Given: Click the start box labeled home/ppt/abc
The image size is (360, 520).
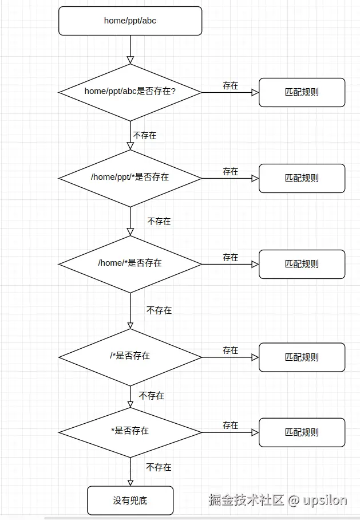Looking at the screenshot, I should tap(130, 21).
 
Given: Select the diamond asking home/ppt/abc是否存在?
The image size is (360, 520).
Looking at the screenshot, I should tap(130, 92).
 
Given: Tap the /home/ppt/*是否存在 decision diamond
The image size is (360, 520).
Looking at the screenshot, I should tap(130, 178).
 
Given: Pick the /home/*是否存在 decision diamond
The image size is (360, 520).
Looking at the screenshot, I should tap(130, 263).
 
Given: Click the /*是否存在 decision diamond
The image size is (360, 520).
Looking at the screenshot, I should tap(130, 356).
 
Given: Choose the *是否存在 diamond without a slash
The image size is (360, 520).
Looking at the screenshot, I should tap(130, 431).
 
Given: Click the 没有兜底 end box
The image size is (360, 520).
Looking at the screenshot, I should tap(130, 501).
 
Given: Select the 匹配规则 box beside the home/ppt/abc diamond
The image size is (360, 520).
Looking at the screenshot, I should tap(302, 92).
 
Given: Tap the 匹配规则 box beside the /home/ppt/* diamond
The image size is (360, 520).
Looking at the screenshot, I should tap(302, 178).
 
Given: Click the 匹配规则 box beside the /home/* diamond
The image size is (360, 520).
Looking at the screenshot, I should tap(302, 264).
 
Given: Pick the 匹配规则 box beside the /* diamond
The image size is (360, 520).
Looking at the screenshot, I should tap(302, 357).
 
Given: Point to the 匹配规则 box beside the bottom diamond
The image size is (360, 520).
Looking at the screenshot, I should tap(302, 432).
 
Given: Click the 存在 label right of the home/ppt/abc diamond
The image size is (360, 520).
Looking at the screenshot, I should tap(230, 86).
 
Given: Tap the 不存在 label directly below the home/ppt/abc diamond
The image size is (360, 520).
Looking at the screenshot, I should tap(145, 136).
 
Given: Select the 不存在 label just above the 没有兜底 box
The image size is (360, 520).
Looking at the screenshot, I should tap(159, 467).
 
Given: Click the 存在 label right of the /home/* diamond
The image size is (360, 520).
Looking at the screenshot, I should tap(230, 258).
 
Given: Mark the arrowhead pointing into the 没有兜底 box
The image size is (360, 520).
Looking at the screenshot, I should tap(130, 482).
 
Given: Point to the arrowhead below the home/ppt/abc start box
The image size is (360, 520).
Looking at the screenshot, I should tap(130, 60).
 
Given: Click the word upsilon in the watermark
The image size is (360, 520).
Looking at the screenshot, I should tap(325, 500).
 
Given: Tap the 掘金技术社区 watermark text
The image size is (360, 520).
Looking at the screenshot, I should tap(246, 500).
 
